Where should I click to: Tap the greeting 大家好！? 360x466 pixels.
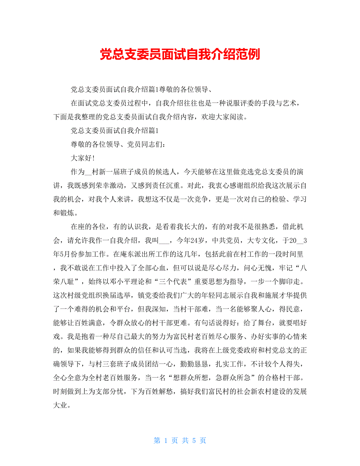[x=83, y=158]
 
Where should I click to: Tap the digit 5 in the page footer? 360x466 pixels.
[x=194, y=441]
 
